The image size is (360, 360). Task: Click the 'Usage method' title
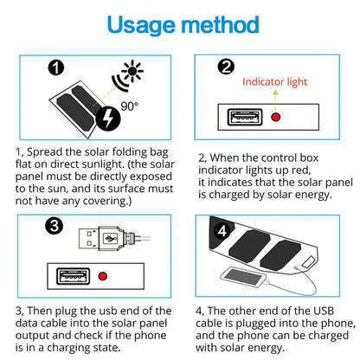[179, 23]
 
